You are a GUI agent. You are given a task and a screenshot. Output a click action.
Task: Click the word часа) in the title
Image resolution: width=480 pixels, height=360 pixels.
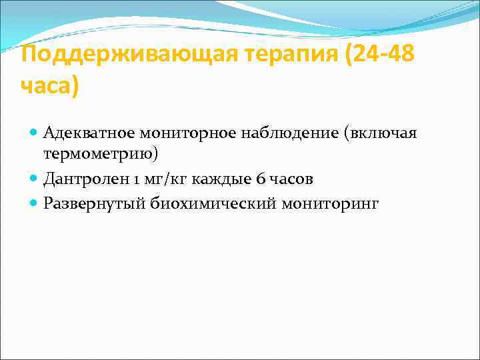tap(49, 86)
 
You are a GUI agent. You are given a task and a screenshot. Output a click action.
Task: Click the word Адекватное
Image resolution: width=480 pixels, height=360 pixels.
tap(81, 133)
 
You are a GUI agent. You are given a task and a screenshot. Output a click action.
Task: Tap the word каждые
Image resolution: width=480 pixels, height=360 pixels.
tap(221, 179)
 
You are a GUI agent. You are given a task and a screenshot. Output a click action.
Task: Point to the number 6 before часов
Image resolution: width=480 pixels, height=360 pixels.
tap(261, 179)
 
